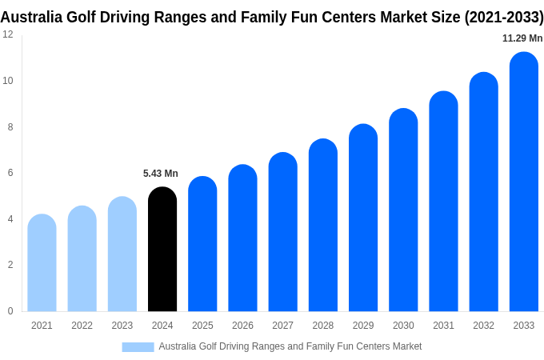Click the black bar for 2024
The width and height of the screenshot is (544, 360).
click(162, 250)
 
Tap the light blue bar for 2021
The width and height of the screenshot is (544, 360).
click(42, 263)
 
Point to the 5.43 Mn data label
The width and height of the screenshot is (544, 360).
click(161, 174)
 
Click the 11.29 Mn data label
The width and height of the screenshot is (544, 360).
click(522, 38)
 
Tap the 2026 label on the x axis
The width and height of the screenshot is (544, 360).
click(242, 326)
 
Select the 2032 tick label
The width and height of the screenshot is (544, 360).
click(483, 326)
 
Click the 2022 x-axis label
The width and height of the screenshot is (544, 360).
click(82, 326)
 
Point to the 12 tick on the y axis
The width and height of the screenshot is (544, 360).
click(8, 34)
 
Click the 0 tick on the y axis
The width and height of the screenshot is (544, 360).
click(10, 311)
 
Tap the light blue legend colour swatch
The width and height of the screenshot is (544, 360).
click(138, 346)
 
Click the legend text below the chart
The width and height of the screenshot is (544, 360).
click(290, 346)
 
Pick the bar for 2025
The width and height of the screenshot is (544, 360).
click(202, 244)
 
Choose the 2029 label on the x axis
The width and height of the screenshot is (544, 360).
click(363, 326)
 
